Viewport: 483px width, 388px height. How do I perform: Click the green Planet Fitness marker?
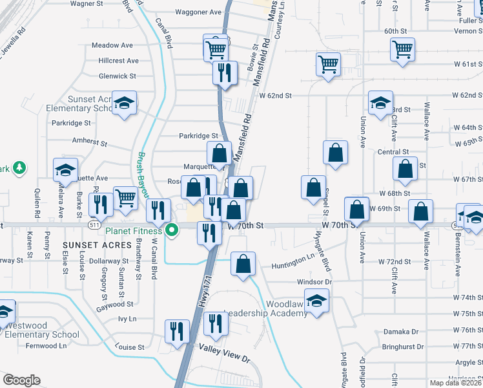click(172, 230)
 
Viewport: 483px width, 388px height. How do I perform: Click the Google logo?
click(21, 380)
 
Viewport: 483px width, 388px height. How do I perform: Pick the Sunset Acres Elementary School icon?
click(123, 103)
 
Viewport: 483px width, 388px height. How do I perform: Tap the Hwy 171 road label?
click(203, 291)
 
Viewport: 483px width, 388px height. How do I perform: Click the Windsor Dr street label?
click(314, 282)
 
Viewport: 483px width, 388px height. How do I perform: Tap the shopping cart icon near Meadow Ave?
click(216, 48)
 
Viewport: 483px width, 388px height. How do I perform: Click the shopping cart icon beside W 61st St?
click(328, 64)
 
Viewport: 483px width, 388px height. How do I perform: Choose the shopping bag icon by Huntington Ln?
click(243, 264)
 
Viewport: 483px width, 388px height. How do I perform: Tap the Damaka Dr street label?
click(401, 332)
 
